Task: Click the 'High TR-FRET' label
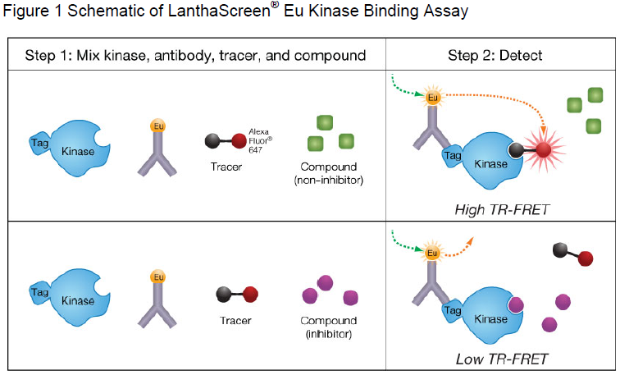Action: [502, 210]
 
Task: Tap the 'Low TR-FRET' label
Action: [502, 359]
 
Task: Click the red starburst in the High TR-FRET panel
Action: [543, 151]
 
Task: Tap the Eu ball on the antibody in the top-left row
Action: [158, 126]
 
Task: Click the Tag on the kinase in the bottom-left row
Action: [38, 291]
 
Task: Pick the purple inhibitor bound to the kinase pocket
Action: [514, 307]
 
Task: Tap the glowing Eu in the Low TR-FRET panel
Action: [431, 253]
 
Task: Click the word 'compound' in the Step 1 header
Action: [333, 55]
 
